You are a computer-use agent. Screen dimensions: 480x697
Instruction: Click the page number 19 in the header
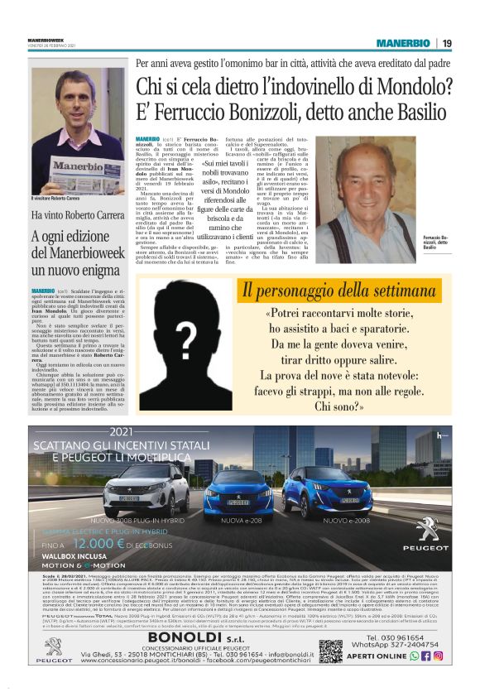click(446, 43)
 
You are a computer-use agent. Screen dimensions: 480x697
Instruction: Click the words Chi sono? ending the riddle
click(338, 406)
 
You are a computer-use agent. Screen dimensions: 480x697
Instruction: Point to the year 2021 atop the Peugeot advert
click(120, 432)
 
